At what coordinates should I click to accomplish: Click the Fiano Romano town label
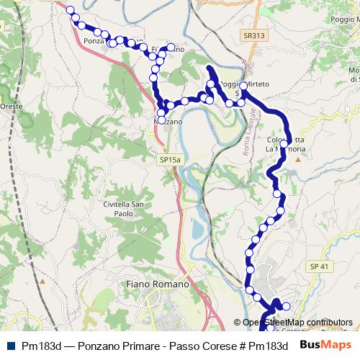pos(157,284)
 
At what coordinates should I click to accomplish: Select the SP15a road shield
pos(171,159)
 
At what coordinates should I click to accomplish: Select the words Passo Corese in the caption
pos(203,346)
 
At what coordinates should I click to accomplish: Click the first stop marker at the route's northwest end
pos(71,10)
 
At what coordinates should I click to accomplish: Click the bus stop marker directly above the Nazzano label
pos(161,112)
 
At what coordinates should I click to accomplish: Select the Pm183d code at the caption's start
pos(40,346)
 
